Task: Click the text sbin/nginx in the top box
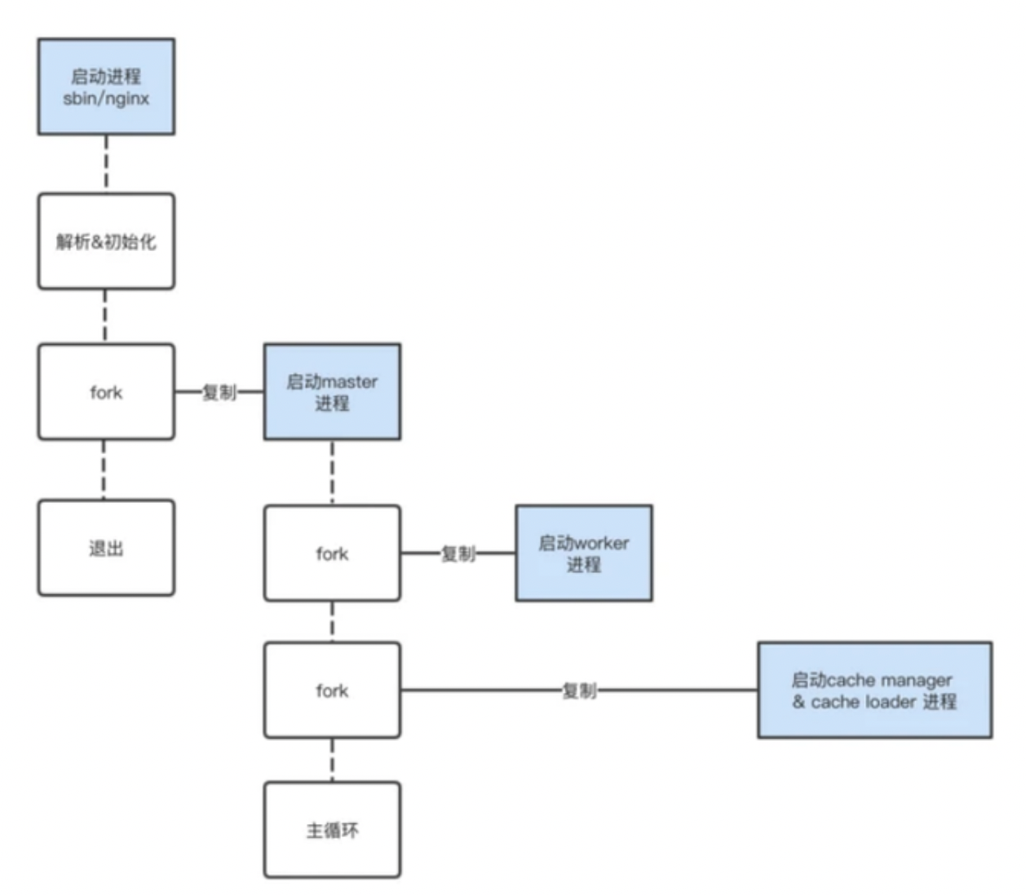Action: click(x=106, y=99)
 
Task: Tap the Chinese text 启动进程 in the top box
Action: click(x=106, y=77)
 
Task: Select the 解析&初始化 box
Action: click(x=106, y=241)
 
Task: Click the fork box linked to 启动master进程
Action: click(x=106, y=392)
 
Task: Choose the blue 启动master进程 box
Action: click(x=332, y=392)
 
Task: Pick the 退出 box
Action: click(x=106, y=548)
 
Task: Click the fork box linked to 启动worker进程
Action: click(x=332, y=553)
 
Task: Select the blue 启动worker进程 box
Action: click(x=583, y=553)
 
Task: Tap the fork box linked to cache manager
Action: click(x=332, y=690)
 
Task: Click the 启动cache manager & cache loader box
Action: click(x=874, y=690)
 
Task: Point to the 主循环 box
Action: click(x=332, y=830)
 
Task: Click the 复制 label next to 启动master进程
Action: click(x=219, y=392)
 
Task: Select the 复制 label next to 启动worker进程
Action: click(x=458, y=554)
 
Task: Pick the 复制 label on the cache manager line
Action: click(x=579, y=691)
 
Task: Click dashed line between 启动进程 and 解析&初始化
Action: click(x=106, y=164)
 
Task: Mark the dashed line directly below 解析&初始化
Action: click(x=105, y=316)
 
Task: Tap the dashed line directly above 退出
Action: click(x=104, y=470)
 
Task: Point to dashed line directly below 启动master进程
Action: click(x=332, y=473)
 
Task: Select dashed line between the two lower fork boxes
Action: click(x=332, y=622)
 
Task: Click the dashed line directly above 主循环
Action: click(x=332, y=760)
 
